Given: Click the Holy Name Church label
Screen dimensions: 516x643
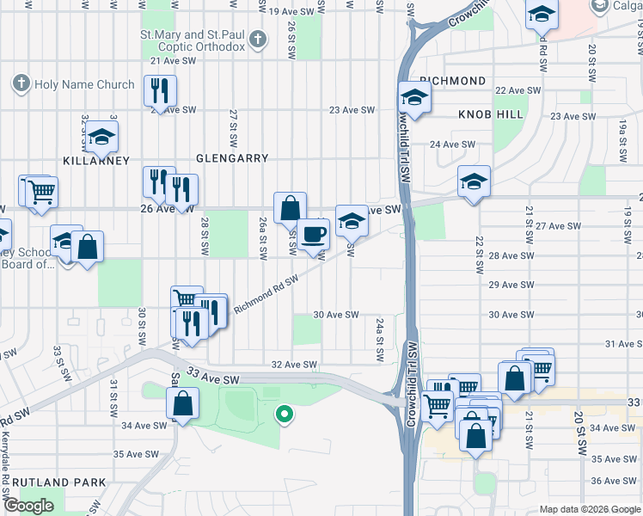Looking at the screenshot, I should click(83, 84).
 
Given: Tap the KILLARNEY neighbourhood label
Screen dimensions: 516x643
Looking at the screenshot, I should click(96, 161).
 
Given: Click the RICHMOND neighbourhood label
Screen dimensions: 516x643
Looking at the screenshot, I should click(454, 81).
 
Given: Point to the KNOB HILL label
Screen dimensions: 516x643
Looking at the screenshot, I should click(491, 114).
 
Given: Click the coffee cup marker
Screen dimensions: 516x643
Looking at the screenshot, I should click(313, 232).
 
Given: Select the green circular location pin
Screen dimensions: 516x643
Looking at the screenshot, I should click(284, 415).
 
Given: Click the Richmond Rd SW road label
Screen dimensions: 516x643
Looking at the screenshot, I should click(266, 292).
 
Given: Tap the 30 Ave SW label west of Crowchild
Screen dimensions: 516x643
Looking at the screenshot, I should click(335, 315).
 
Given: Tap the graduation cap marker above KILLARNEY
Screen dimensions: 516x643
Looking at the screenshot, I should click(102, 136).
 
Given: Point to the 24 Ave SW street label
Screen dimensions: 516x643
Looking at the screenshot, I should click(452, 144).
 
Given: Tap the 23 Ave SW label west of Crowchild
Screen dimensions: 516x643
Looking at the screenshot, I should click(353, 110).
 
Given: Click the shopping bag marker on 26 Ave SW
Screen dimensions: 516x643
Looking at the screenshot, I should click(291, 207).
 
